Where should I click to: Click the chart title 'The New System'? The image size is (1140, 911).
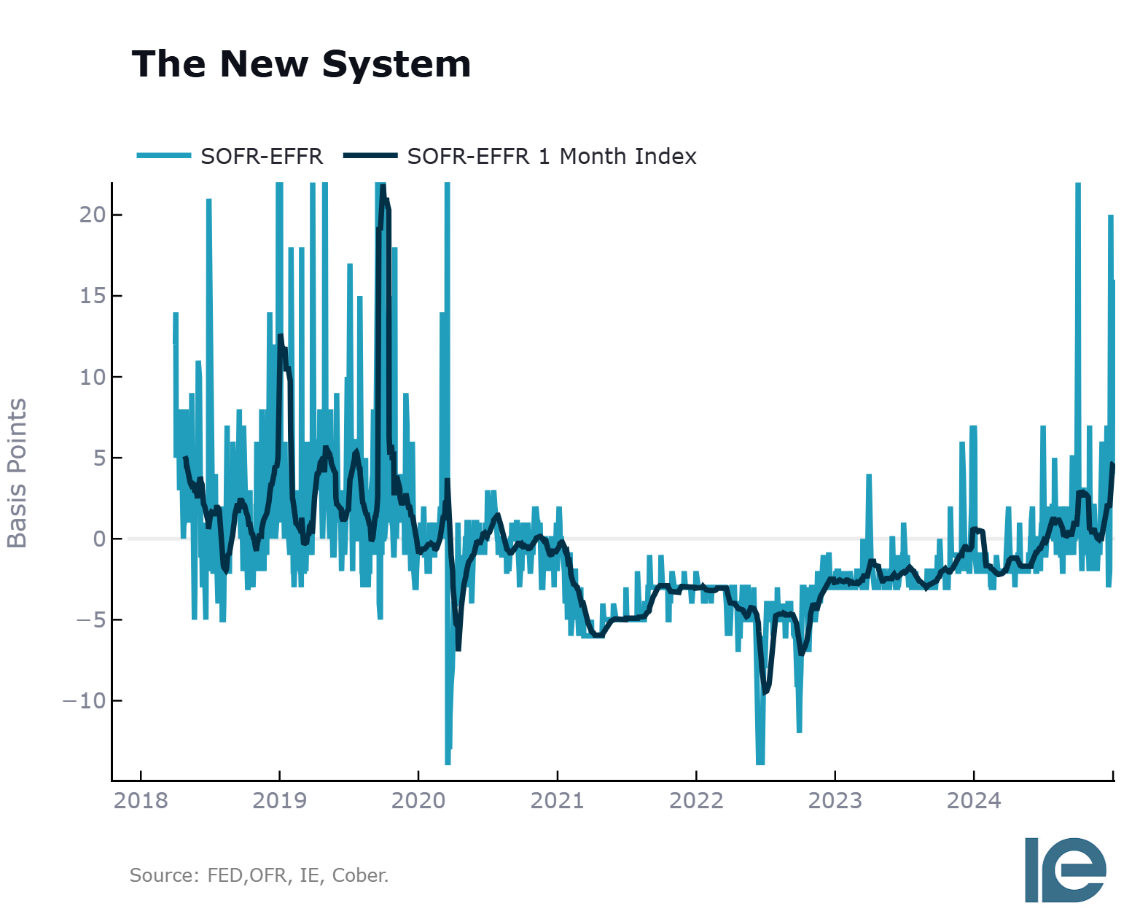pos(301,65)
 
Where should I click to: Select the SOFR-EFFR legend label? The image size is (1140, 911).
pos(262,156)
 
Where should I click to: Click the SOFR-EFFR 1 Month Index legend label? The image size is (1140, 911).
pos(552,156)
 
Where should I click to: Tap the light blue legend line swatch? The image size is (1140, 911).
pos(164,156)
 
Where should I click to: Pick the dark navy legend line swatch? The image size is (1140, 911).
pos(370,156)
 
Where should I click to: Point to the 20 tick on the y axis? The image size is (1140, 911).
pos(93,215)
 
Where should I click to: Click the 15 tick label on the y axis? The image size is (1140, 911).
pos(93,296)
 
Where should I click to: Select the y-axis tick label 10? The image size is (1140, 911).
pos(93,377)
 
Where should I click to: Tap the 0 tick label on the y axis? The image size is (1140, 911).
pos(100,539)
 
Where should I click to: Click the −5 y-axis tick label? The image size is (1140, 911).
pos(91,619)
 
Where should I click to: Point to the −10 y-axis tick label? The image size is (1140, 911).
pos(85,700)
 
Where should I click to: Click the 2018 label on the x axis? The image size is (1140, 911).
pos(141,800)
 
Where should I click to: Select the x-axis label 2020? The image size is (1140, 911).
pos(418,800)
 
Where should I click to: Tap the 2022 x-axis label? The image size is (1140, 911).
pos(696,800)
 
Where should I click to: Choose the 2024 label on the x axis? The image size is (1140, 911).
pos(974,800)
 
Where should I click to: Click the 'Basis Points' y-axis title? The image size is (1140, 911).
pos(17,473)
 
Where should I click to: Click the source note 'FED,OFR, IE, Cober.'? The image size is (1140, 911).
pos(297,875)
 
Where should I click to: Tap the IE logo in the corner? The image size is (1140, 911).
pos(1065,869)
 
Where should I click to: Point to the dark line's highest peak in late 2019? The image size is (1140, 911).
pos(383,187)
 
